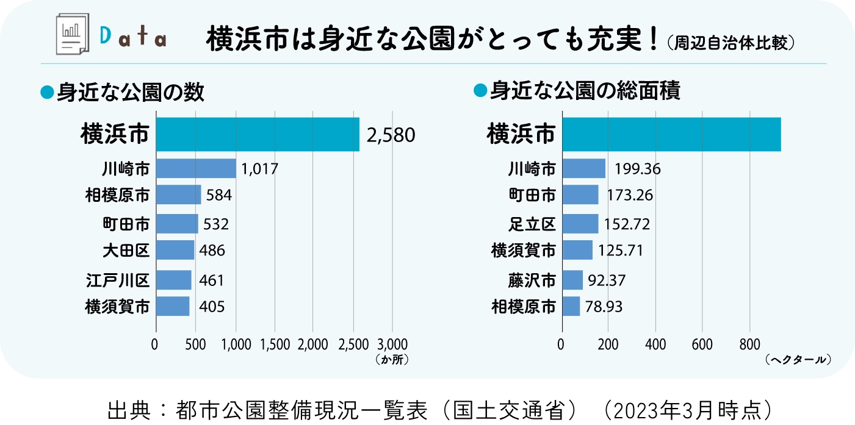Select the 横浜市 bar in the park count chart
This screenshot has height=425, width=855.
click(x=258, y=134)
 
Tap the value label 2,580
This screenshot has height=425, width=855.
click(x=391, y=135)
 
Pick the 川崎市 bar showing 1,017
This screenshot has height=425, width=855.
click(x=196, y=168)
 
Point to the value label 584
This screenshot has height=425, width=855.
click(x=219, y=195)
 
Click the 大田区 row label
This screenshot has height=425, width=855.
click(x=126, y=249)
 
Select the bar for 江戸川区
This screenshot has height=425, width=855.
click(x=173, y=280)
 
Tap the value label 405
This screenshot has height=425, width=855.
click(x=212, y=306)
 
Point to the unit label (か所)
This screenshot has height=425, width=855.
click(x=392, y=360)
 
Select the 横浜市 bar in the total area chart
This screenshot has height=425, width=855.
click(x=671, y=134)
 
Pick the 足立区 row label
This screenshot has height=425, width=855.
click(x=532, y=224)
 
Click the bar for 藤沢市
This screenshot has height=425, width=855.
click(x=572, y=280)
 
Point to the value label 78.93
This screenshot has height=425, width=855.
click(x=604, y=306)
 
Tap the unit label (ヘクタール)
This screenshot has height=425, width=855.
click(x=798, y=360)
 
